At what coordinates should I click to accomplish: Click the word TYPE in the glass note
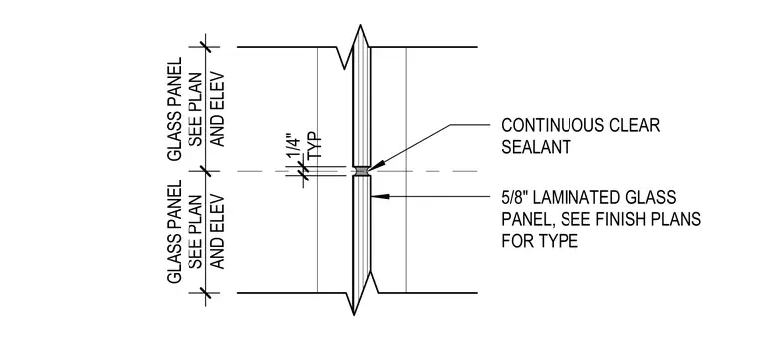tap(560, 240)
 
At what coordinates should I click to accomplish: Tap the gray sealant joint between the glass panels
tap(362, 171)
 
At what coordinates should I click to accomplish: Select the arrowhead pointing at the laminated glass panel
tap(380, 196)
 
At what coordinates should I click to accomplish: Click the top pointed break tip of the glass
tap(360, 25)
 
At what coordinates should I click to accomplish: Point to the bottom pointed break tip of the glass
tap(354, 314)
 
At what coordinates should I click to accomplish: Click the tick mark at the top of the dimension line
tap(206, 47)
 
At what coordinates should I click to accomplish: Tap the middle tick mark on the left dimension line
tap(206, 171)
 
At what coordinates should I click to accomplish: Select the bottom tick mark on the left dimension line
tap(206, 293)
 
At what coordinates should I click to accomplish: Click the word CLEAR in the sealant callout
tap(636, 126)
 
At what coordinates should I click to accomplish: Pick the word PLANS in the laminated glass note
tap(676, 219)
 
